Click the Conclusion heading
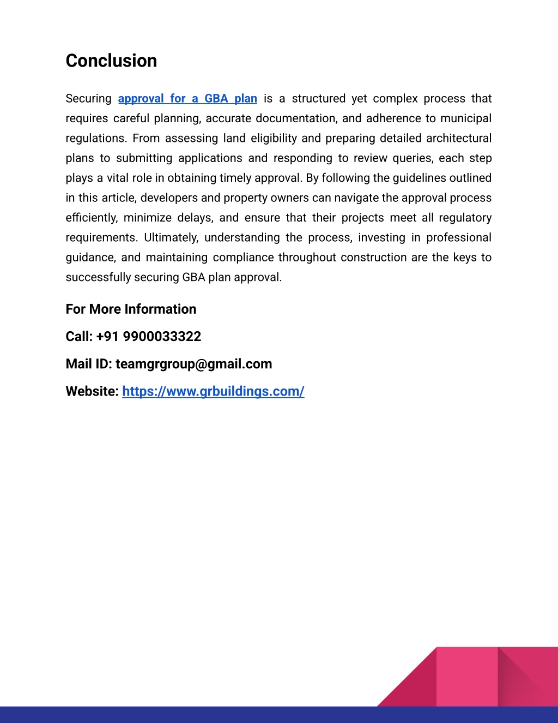[x=111, y=61]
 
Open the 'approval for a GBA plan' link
[x=187, y=99]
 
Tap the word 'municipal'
[x=466, y=118]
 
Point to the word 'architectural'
[x=459, y=139]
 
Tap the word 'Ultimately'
[x=171, y=238]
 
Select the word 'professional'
[x=459, y=238]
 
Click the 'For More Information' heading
[x=131, y=309]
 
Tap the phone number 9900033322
[x=162, y=337]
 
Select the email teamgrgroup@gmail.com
[x=193, y=364]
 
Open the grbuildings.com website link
[x=213, y=391]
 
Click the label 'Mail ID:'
[x=89, y=364]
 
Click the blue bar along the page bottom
[x=279, y=715]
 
